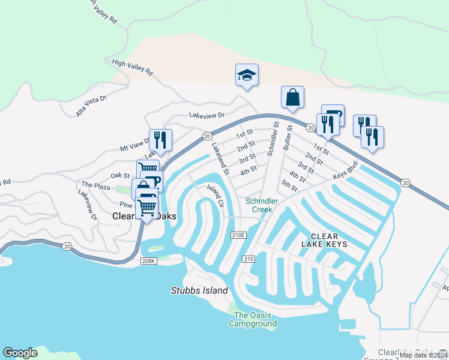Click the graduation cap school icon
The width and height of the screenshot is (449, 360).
pos(246,76)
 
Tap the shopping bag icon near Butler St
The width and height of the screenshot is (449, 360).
pos(292,97)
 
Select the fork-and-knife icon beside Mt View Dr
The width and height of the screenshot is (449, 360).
pos(160,140)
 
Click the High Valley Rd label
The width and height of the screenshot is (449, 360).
pos(133,67)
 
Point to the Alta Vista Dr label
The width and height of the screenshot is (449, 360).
pos(91,106)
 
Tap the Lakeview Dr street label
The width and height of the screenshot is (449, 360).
pos(206,115)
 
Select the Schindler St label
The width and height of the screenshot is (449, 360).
pos(274,139)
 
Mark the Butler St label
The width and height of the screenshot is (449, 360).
pos(288,137)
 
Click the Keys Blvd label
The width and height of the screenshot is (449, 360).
pos(346,170)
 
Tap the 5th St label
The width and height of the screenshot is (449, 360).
pos(289,187)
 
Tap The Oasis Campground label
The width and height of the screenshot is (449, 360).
pos(253,320)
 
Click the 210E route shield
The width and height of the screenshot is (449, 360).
pos(238,235)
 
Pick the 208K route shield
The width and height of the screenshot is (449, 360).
pos(149,261)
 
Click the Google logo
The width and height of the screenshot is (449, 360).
pos(20,353)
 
